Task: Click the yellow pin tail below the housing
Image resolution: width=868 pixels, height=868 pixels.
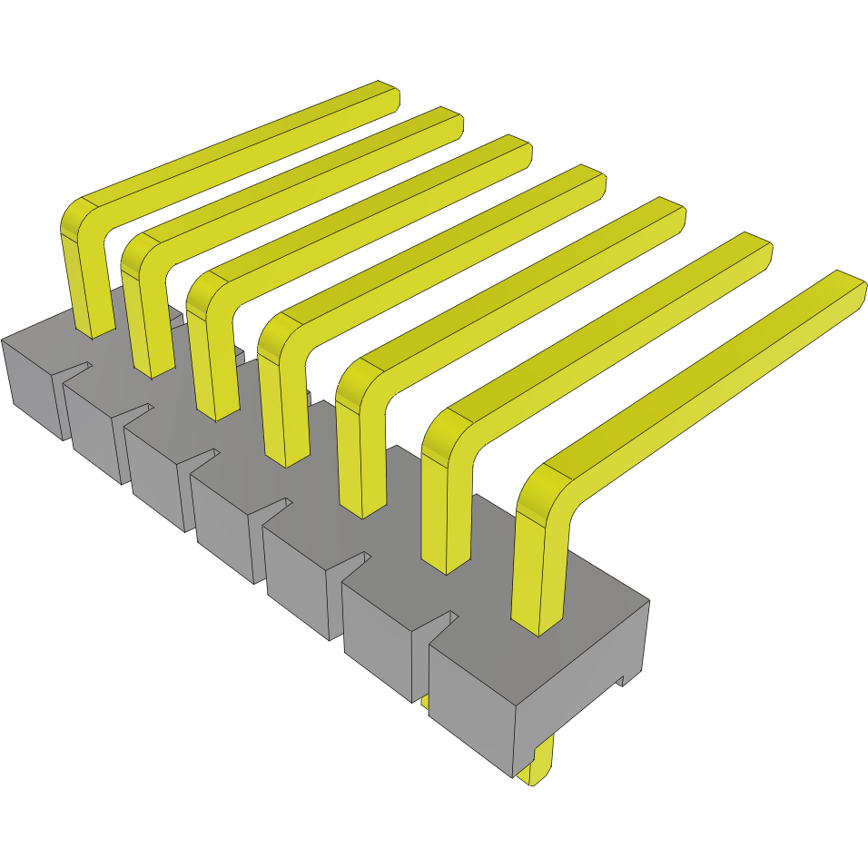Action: tap(538, 763)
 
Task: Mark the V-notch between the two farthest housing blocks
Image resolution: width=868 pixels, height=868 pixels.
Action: tap(77, 370)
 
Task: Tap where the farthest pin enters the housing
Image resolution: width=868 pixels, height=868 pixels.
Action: tap(94, 330)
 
